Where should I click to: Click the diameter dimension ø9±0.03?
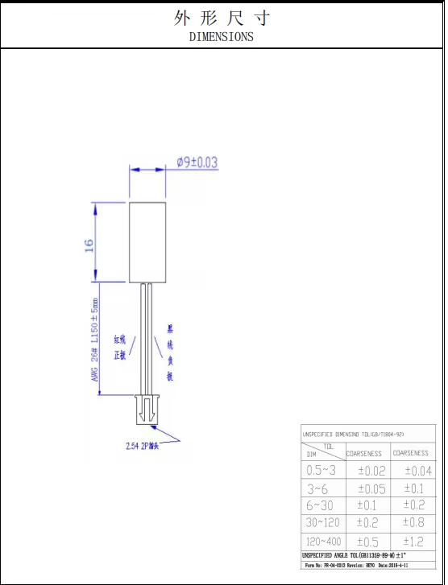click(197, 163)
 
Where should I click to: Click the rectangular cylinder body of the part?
click(147, 242)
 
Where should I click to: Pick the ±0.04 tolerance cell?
click(417, 471)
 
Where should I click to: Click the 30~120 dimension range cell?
click(321, 523)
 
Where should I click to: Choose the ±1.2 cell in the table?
click(417, 542)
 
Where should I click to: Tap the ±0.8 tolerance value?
click(417, 523)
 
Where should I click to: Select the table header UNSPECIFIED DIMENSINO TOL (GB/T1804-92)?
click(354, 435)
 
